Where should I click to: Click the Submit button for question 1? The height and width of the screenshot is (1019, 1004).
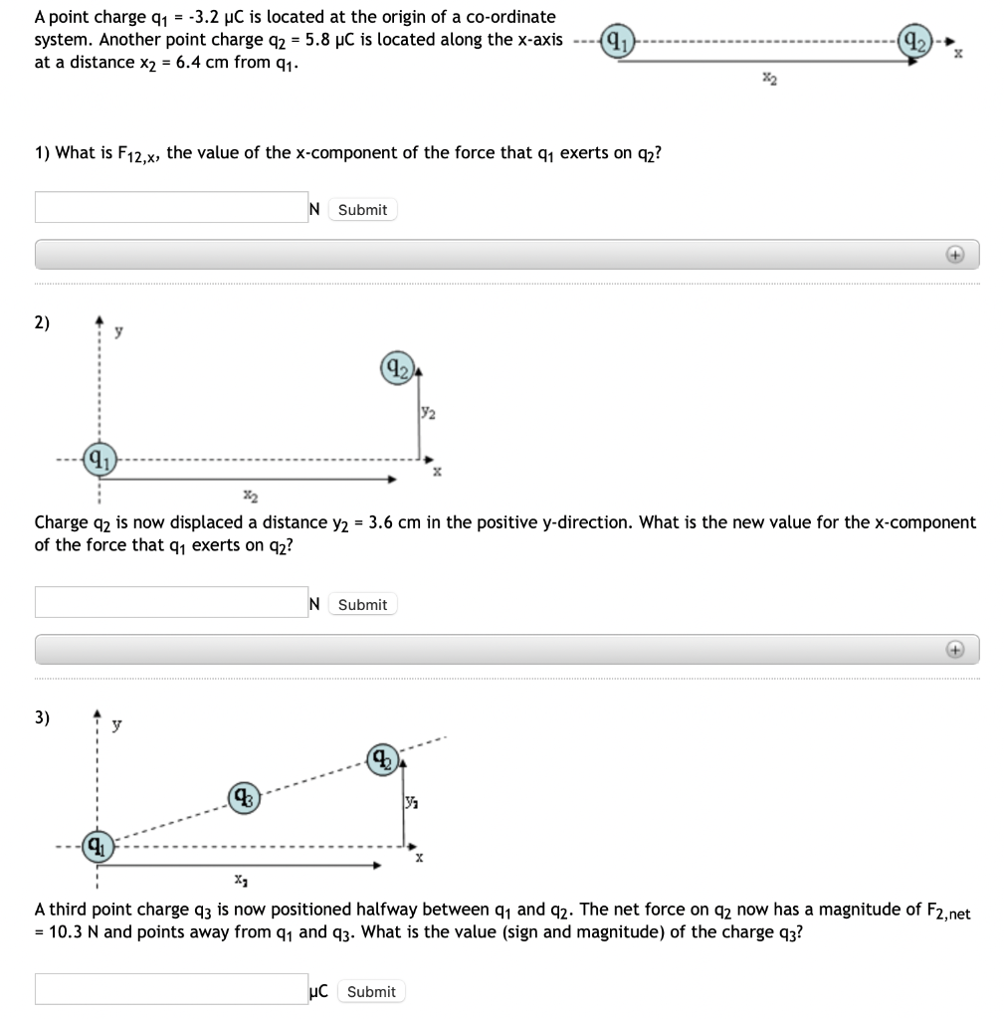[362, 210]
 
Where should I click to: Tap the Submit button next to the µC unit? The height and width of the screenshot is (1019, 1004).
[371, 991]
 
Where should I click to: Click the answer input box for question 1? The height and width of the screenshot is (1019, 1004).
[170, 208]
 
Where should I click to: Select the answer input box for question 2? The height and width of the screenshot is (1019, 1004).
[170, 603]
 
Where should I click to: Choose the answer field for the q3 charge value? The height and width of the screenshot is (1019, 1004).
[170, 989]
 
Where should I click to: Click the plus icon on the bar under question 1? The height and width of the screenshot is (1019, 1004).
[953, 255]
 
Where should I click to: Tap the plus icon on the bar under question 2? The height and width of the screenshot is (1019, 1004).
[953, 650]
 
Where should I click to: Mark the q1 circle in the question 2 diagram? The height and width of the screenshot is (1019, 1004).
[98, 460]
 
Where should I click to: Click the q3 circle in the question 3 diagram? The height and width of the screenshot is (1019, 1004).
[244, 796]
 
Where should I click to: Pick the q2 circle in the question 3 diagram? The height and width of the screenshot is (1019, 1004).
[384, 759]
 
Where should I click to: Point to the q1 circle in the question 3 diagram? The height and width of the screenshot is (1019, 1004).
[97, 847]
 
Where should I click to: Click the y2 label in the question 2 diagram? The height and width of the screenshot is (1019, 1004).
[426, 410]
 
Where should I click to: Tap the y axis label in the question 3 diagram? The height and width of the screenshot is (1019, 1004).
[117, 726]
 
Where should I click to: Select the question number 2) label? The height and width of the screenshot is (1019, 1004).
[44, 322]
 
